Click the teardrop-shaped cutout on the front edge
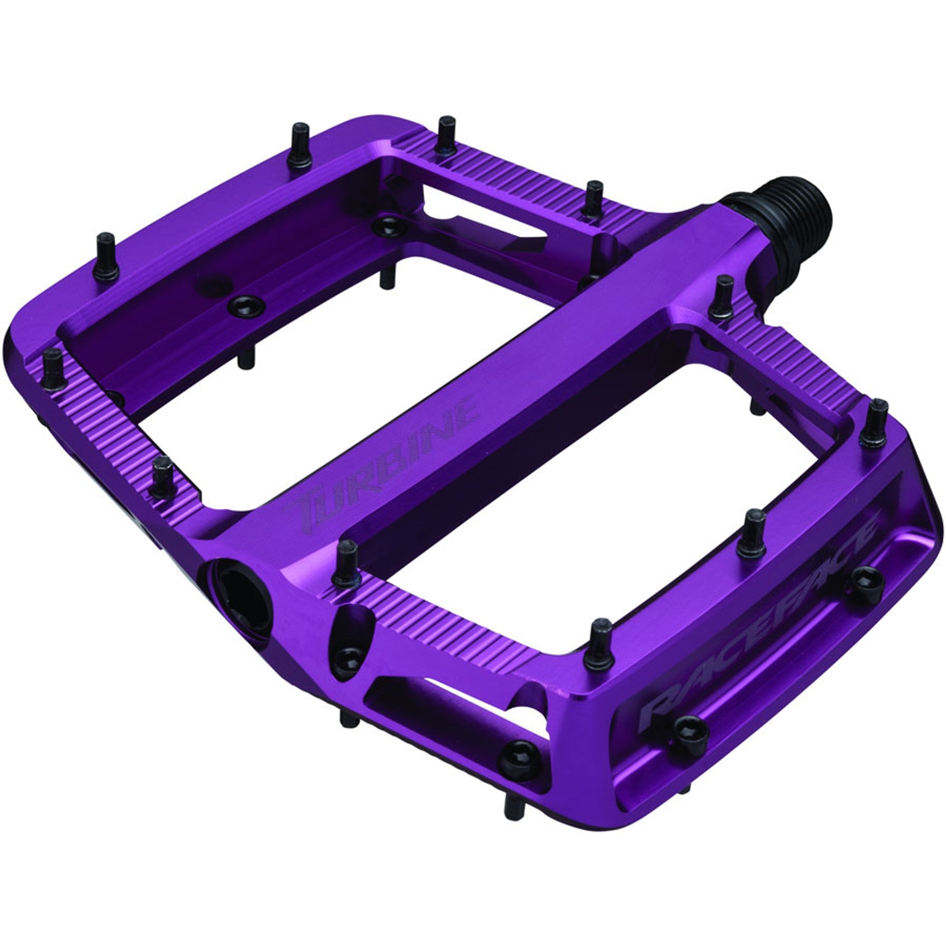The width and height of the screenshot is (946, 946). pyautogui.click(x=350, y=637)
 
